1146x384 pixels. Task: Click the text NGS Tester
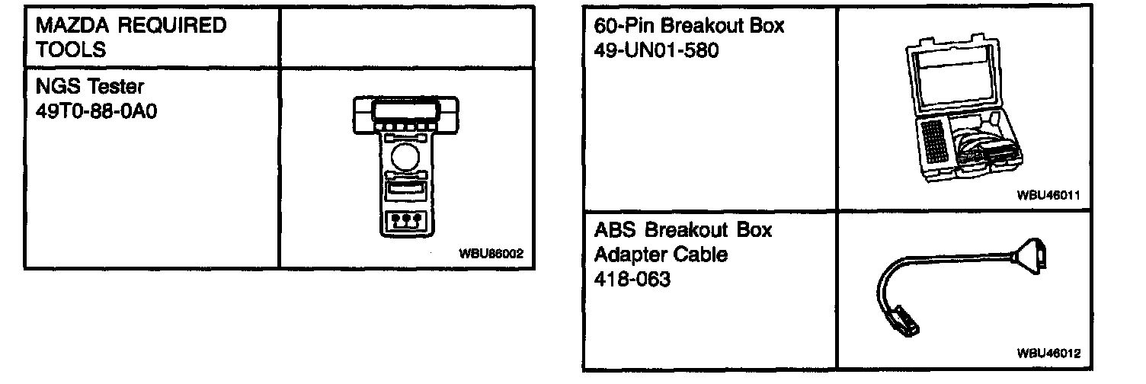[89, 88]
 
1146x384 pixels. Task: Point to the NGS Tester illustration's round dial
[404, 160]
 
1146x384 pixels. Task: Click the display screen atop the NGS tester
[404, 111]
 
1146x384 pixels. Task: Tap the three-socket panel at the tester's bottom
[404, 222]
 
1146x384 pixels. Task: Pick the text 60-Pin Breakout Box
[690, 27]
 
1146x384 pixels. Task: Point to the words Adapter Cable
[661, 254]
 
